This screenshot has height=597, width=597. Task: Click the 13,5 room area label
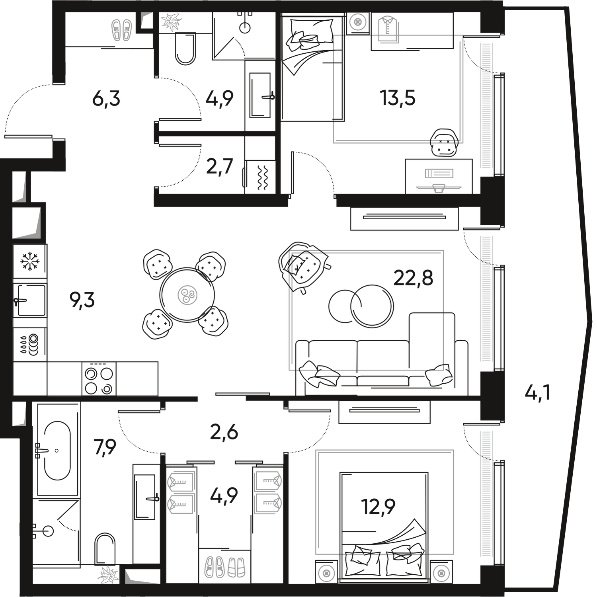(x=398, y=98)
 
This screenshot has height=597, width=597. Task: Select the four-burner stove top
(x=98, y=380)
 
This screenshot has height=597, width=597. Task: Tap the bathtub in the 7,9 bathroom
(x=57, y=451)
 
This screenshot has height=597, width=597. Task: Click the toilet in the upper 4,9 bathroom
(x=185, y=50)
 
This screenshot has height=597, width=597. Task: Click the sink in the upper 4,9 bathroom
(x=261, y=96)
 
